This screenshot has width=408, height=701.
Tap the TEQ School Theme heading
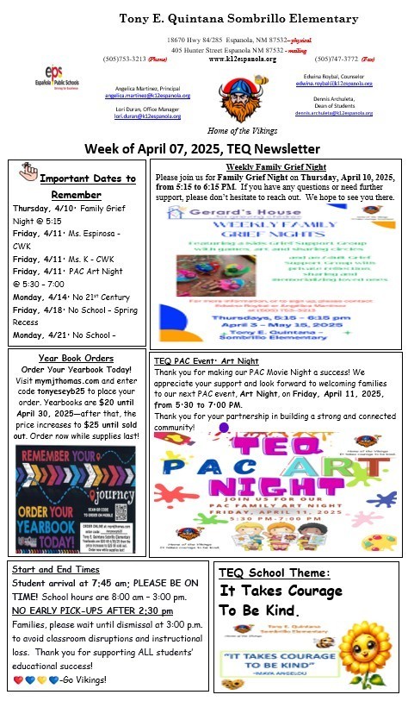280,573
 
